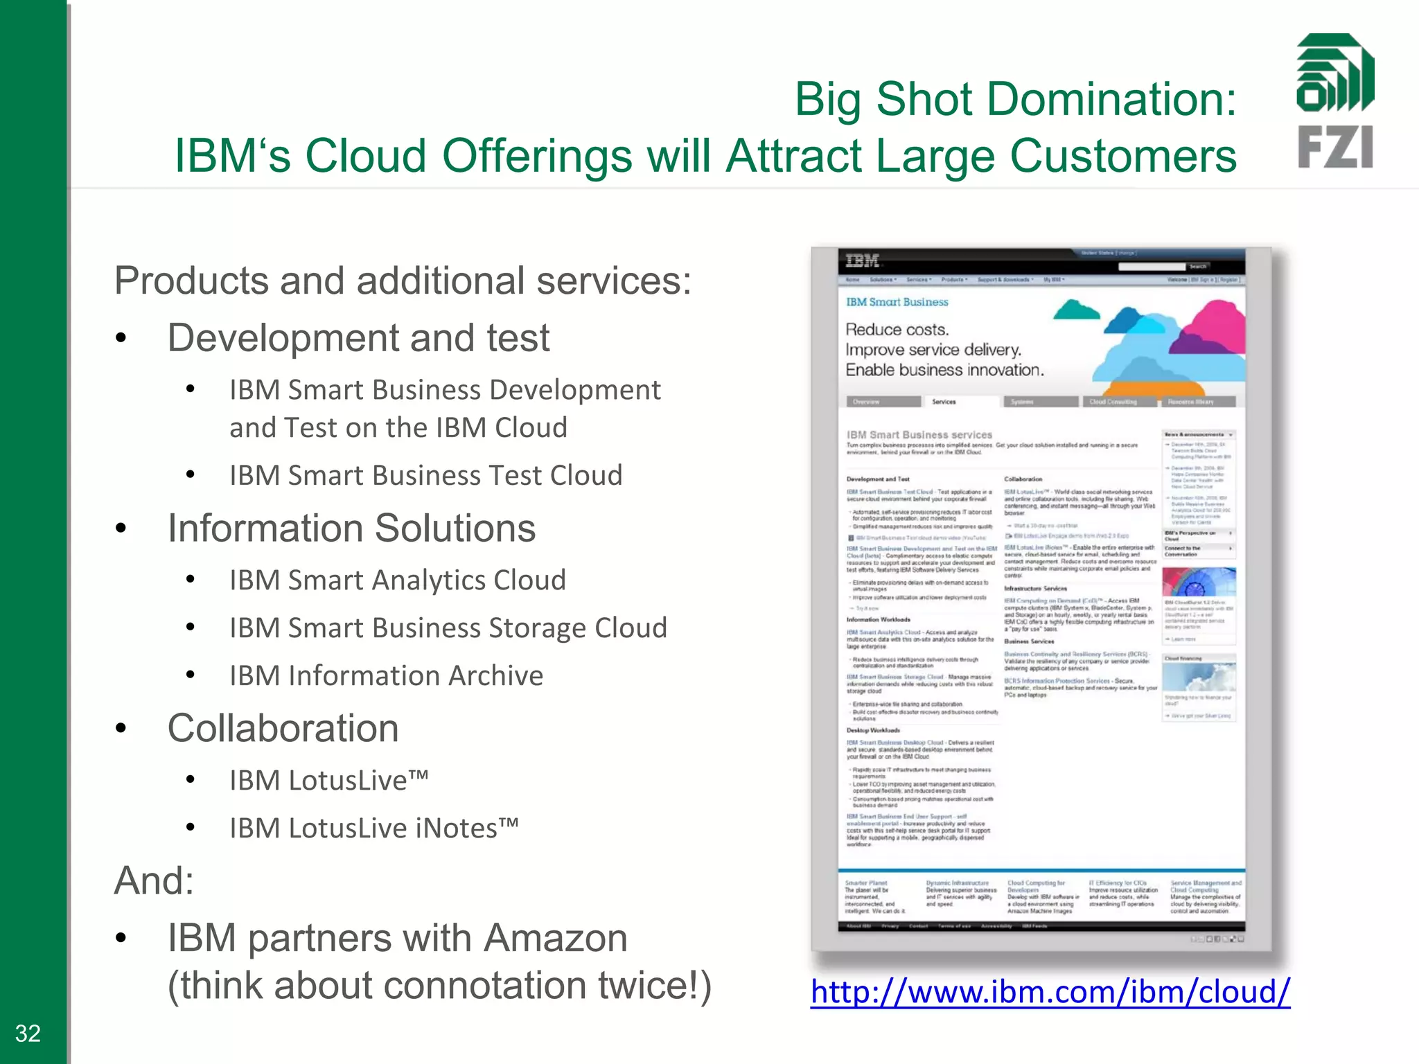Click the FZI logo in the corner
1334,101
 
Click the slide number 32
28,1033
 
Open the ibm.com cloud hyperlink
1050,991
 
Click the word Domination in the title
1056,99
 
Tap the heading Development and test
358,338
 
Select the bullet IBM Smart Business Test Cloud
425,475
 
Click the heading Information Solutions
351,528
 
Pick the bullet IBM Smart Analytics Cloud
398,580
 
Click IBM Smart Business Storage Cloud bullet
448,628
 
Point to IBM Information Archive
386,675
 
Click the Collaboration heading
283,728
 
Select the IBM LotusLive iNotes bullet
373,828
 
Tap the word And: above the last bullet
154,880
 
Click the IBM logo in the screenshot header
862,261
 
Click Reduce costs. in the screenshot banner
897,330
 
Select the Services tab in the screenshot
943,402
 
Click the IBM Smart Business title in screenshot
897,302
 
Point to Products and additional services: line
403,281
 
